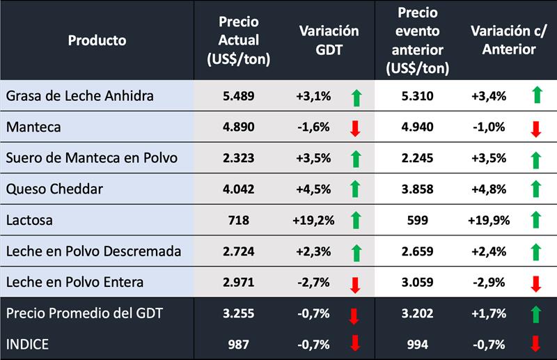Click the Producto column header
pos(97,40)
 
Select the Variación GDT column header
pos(329,40)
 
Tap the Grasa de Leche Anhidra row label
pos(79,95)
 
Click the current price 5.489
pos(238,95)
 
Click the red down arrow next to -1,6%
pos(355,128)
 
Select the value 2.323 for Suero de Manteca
pos(238,158)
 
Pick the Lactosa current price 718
pos(238,221)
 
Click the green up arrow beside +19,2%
pos(355,221)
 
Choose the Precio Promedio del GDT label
pos(84,314)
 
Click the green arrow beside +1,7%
pos(535,314)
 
